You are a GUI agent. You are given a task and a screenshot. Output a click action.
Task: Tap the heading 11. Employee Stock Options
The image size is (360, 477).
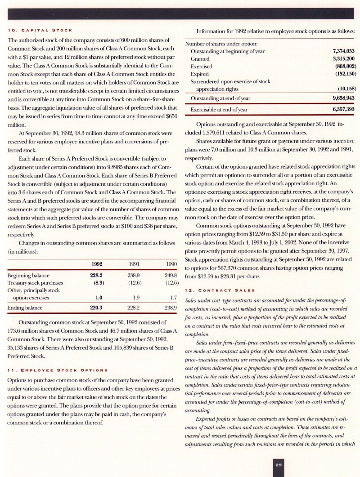58,370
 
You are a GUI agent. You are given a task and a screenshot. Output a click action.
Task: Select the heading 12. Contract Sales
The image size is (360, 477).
220,290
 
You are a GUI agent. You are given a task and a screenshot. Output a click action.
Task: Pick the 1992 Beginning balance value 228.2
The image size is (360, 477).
97,275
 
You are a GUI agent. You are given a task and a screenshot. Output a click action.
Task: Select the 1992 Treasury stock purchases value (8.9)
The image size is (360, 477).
98,283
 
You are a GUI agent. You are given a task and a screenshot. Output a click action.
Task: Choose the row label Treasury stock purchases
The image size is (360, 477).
35,283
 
